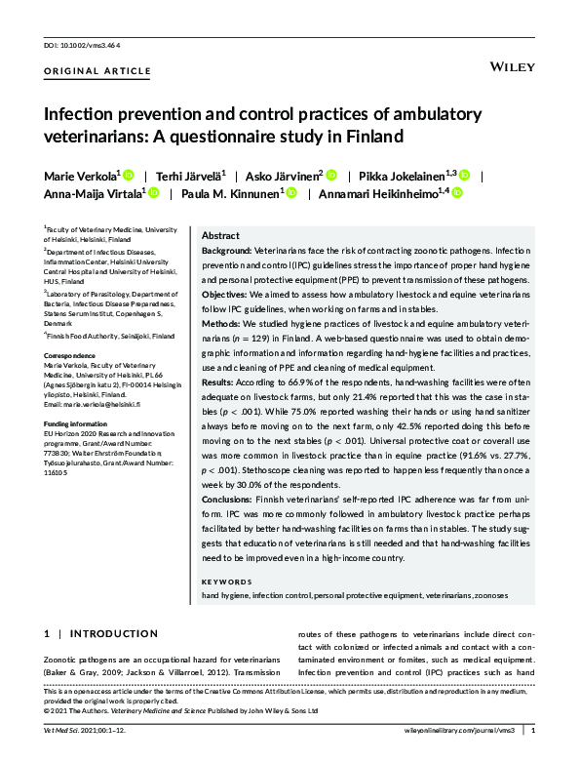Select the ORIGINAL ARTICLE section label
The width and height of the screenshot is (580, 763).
[97, 72]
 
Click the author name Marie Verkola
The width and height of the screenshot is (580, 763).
[80, 176]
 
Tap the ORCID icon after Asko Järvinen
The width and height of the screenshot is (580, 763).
[331, 176]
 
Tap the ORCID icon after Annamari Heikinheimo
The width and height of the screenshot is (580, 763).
[457, 194]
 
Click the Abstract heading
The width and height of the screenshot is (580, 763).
[221, 236]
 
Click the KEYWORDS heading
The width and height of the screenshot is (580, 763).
[225, 581]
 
